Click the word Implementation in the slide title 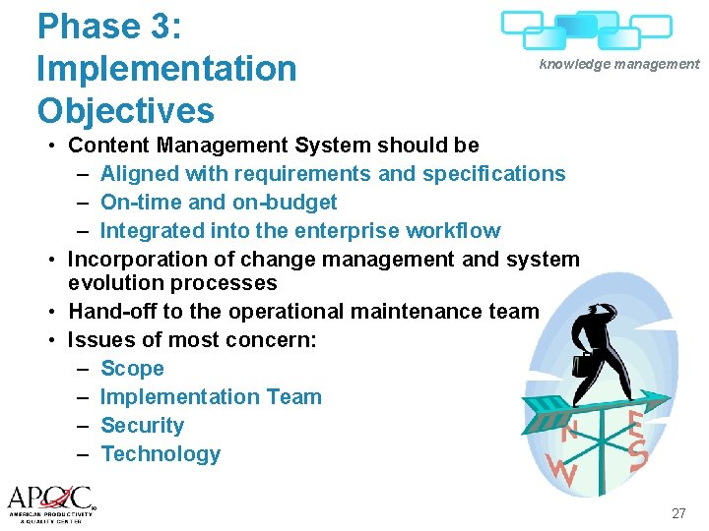tap(165, 69)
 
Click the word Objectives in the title tap(125, 110)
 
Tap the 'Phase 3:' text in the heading tap(109, 27)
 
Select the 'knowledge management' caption tap(618, 64)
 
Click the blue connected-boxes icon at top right tap(586, 29)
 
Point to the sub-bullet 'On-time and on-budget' tap(218, 203)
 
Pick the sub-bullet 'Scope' tap(132, 369)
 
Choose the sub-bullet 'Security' tap(142, 426)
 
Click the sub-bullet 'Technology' tap(161, 454)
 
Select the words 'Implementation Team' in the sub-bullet tap(211, 397)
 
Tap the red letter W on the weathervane tap(562, 471)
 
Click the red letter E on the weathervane tap(636, 424)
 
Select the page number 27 tap(678, 512)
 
